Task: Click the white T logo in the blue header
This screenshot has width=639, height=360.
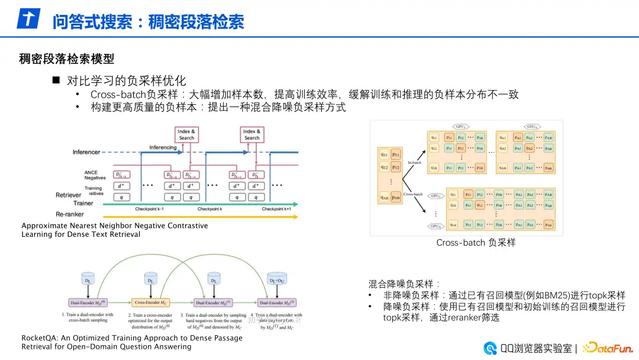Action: click(x=28, y=19)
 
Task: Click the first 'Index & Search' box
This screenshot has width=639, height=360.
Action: click(x=186, y=134)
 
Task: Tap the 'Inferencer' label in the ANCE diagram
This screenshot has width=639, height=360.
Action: click(x=86, y=152)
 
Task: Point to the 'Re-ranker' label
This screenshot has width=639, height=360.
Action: click(x=70, y=214)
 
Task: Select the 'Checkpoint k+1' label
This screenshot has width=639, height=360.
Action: click(x=276, y=209)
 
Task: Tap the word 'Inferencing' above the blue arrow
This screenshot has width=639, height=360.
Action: click(x=163, y=147)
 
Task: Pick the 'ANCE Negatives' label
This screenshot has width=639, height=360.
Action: click(x=95, y=176)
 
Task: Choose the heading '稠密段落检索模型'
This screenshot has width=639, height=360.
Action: click(x=66, y=59)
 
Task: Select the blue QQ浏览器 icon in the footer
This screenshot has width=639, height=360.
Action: click(x=490, y=348)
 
